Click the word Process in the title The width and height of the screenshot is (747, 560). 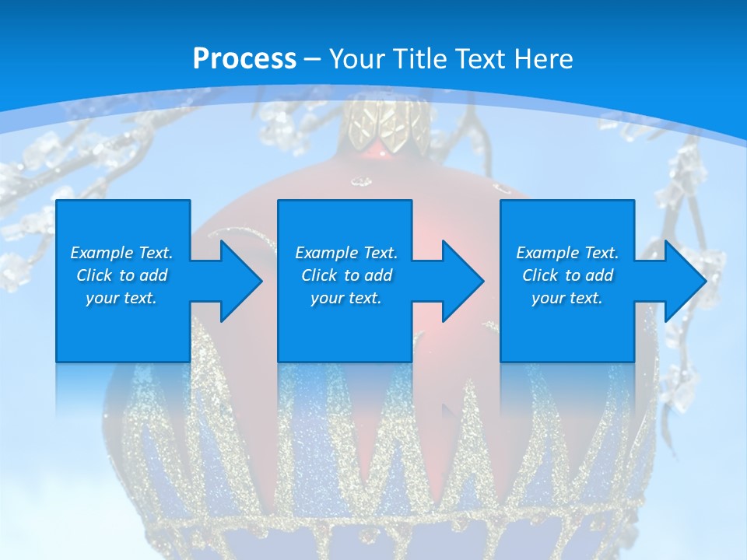point(244,58)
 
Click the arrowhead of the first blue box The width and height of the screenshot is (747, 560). point(238,281)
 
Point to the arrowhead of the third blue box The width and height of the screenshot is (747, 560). point(682,281)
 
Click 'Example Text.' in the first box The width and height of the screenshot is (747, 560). point(121,253)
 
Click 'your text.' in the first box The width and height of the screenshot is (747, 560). point(121,298)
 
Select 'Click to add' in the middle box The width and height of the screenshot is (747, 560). point(346,275)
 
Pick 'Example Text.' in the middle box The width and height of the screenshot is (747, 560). point(346,253)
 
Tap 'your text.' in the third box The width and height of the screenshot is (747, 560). point(567,298)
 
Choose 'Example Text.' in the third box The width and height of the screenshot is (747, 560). point(567,253)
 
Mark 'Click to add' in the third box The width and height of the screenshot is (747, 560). point(567,275)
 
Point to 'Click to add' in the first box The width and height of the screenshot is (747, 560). point(121,275)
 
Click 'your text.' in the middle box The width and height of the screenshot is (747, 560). point(346,298)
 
